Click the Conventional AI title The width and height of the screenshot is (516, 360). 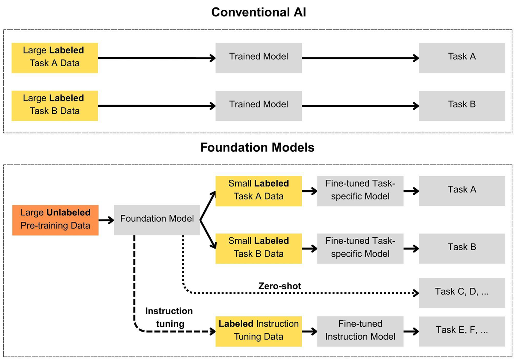coord(258,12)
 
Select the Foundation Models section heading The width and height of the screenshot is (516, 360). coord(257,147)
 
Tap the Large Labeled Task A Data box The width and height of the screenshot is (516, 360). coord(55,58)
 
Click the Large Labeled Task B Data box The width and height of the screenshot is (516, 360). coord(55,106)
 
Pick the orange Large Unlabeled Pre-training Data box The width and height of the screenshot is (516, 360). coord(55,220)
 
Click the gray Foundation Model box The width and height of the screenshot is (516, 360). coord(157,220)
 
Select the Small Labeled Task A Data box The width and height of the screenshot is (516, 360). coord(259,191)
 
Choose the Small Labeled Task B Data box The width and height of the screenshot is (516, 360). coord(259,249)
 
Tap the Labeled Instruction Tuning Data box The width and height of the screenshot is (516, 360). coord(259,331)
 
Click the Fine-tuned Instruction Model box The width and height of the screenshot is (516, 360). coord(360,331)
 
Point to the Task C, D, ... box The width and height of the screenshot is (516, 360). coord(462,293)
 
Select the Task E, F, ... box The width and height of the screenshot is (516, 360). coord(462,331)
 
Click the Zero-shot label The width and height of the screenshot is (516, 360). coord(280,286)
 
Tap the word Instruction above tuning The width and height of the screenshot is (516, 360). coord(169,311)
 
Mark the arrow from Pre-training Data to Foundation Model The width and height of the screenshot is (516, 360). coord(106,220)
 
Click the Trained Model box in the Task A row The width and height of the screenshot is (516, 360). coord(259,58)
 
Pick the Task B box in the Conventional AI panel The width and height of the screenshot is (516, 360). coord(462,106)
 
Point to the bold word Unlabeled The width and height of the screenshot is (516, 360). coord(68,212)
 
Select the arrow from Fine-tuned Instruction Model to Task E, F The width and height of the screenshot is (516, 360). coord(411,331)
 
